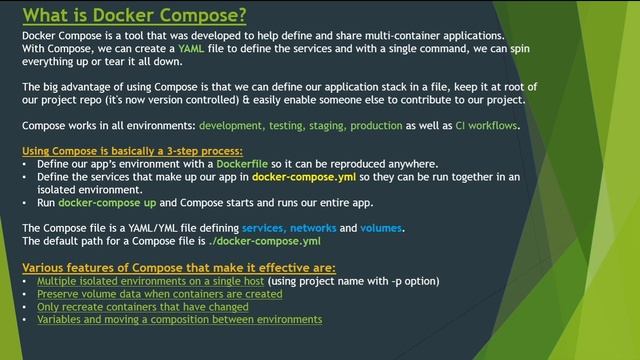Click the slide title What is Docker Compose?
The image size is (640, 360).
click(x=135, y=14)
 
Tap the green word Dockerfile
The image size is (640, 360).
click(x=243, y=163)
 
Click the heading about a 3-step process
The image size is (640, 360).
click(x=118, y=150)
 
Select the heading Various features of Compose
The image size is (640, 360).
click(x=179, y=267)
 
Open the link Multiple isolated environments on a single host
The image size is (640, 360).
click(x=150, y=281)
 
